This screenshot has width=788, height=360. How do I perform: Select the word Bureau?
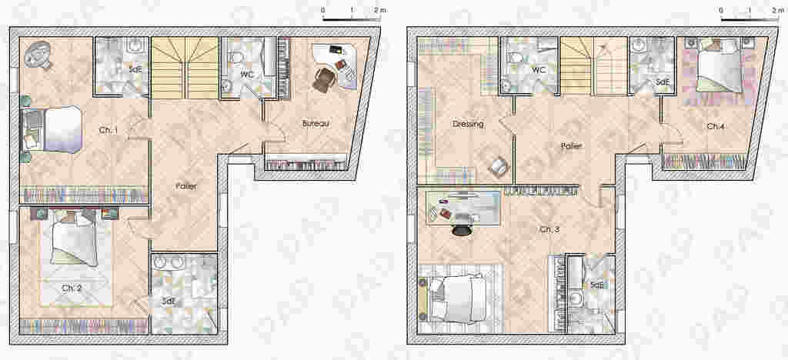(316, 123)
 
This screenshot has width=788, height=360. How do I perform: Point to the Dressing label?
(468, 124)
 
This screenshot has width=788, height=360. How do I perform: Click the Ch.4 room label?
(715, 126)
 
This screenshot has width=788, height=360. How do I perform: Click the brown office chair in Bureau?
(323, 80)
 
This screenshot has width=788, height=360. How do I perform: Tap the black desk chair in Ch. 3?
(462, 228)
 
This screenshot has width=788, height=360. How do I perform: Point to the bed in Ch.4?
(720, 65)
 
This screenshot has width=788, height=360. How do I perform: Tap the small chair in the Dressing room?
(499, 167)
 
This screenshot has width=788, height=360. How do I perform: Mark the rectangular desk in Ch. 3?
(463, 208)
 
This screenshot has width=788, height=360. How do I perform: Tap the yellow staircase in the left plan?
(185, 68)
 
